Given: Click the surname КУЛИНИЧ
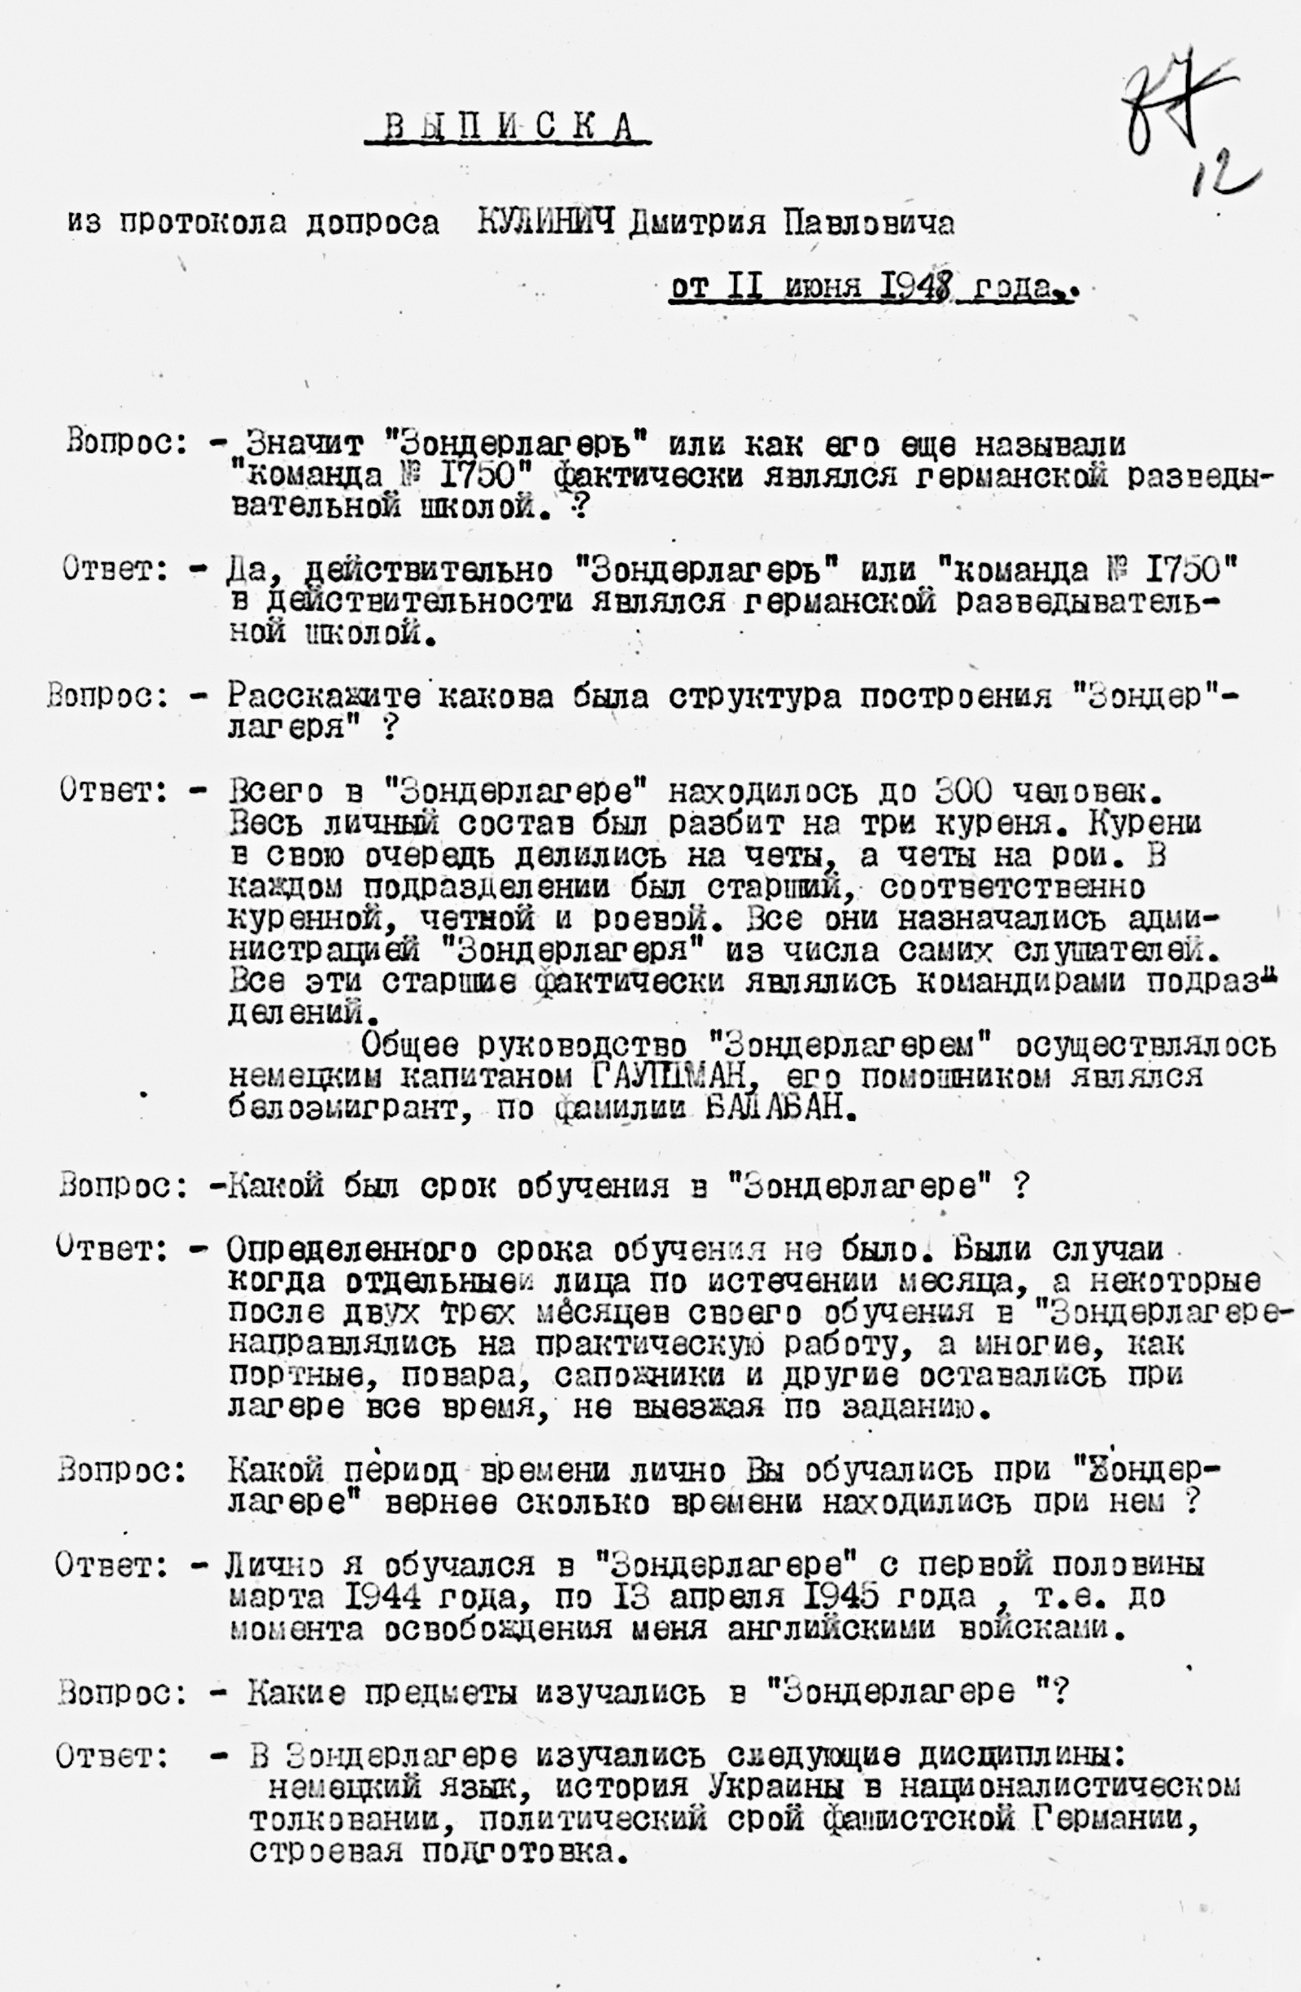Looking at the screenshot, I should click(x=546, y=222).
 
